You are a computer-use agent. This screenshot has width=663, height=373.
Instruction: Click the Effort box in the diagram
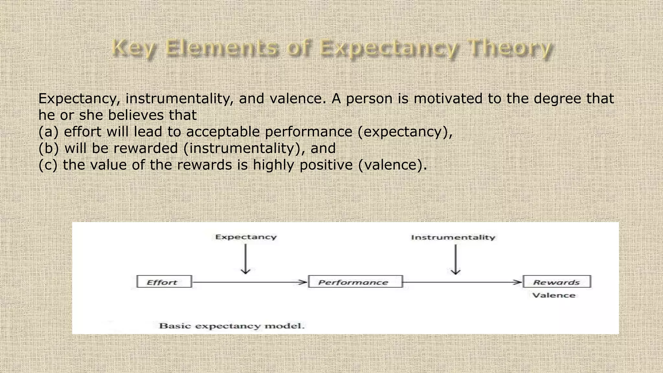(x=164, y=282)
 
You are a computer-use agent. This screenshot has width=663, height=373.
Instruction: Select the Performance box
(x=355, y=282)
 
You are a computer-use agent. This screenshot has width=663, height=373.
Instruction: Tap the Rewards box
(x=557, y=282)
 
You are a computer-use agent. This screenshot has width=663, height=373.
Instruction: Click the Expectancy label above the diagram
(x=246, y=237)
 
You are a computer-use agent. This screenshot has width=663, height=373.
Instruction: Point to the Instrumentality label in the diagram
(x=453, y=237)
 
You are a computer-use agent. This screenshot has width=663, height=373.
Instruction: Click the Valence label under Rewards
(x=554, y=295)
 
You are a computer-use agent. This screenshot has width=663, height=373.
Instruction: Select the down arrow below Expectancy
(x=246, y=259)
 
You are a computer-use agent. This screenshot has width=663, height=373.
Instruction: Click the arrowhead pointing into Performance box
(x=303, y=282)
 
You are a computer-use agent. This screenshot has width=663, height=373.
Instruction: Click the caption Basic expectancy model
(x=232, y=326)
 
